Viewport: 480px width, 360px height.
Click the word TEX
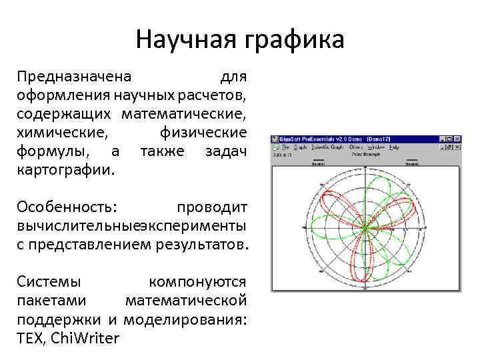30,339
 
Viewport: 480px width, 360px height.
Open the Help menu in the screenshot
394,147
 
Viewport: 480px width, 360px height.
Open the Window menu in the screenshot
375,147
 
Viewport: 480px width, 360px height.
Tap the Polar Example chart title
365,154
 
